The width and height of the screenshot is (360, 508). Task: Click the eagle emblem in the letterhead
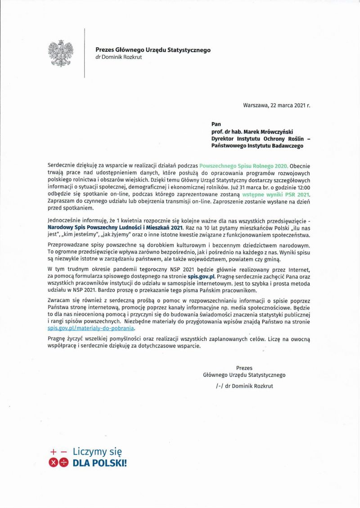[60, 53]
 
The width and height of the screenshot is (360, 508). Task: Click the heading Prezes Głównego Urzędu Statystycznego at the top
[153, 50]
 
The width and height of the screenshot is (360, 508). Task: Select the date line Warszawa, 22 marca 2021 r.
[277, 106]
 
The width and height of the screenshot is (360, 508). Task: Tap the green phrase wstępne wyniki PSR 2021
[277, 195]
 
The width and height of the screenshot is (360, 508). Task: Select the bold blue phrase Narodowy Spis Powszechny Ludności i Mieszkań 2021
[115, 228]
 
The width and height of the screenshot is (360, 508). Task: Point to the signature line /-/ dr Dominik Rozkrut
[244, 386]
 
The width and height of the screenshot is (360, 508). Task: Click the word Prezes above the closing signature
[244, 368]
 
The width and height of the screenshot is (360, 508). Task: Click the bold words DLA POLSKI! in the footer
[100, 463]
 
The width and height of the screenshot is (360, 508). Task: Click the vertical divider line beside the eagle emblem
[85, 53]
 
